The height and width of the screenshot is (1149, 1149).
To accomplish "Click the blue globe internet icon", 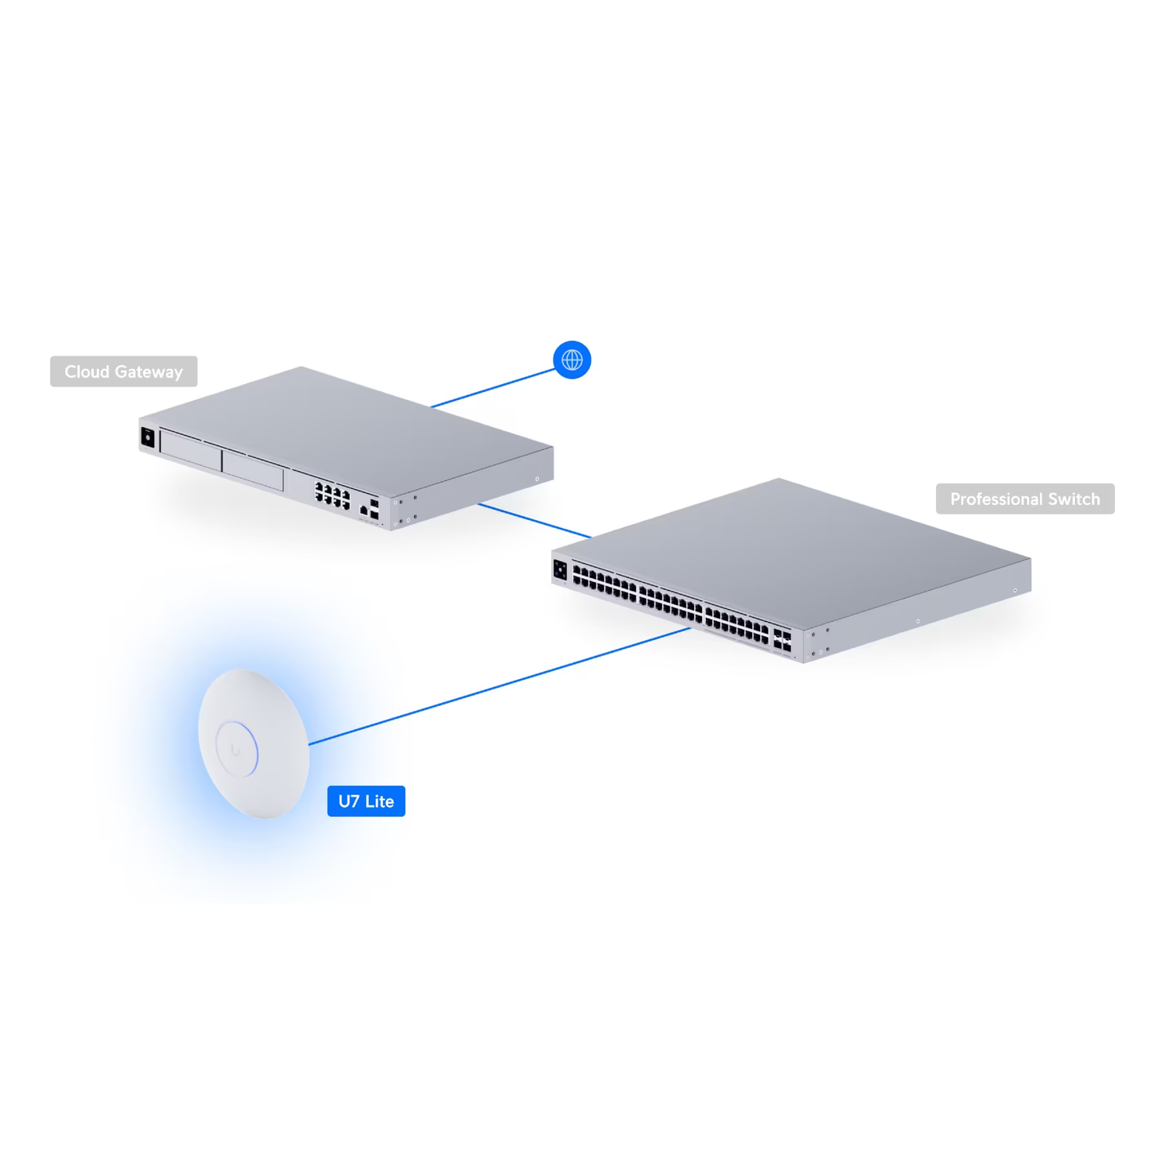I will [x=572, y=359].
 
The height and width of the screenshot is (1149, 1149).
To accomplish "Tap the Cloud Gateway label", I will [x=123, y=371].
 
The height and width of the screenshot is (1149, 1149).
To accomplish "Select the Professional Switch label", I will [x=1024, y=499].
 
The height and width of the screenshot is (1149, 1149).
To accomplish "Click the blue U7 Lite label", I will [x=366, y=801].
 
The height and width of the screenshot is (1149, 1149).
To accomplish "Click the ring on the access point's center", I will [x=237, y=748].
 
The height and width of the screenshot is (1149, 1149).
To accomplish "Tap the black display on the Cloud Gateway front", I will [x=148, y=437].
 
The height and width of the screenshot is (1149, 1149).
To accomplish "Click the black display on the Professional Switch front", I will [x=560, y=569].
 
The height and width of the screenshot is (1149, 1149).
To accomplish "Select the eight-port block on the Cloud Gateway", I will [x=332, y=495].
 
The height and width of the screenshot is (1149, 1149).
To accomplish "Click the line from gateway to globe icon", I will [x=493, y=388].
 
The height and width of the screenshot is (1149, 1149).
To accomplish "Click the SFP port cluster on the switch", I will [x=782, y=640].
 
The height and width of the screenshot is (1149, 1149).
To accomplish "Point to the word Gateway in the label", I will [x=149, y=371].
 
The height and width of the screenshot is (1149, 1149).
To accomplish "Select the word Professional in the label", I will [x=996, y=499].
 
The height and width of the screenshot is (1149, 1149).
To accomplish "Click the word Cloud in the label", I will [x=87, y=371].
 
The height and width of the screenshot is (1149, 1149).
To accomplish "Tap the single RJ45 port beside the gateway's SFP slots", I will [x=364, y=510].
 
